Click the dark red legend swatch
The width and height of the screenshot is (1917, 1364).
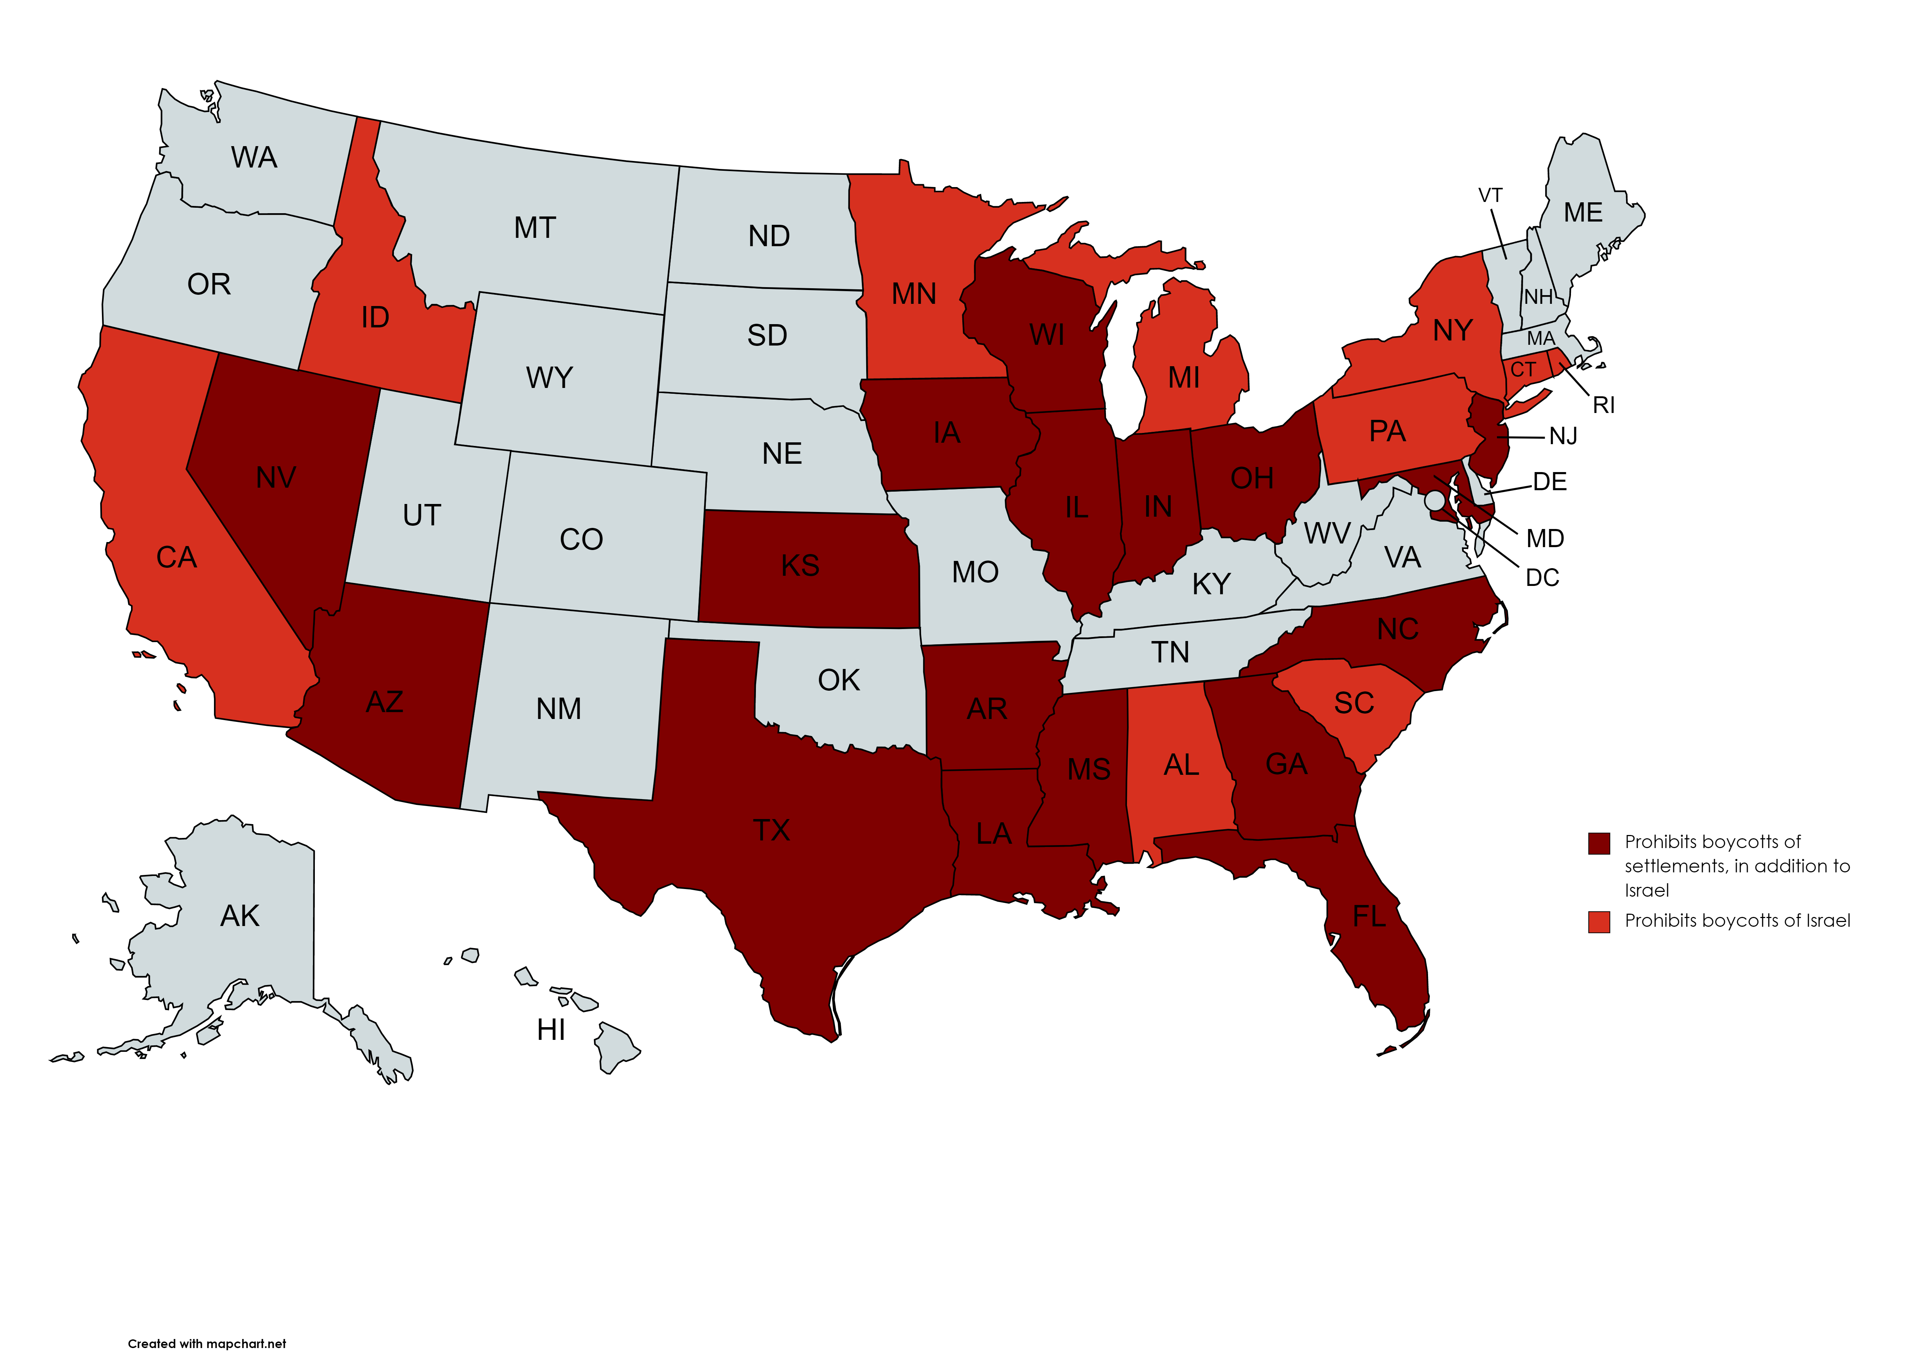tap(1599, 843)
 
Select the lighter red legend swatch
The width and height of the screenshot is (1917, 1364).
tap(1599, 921)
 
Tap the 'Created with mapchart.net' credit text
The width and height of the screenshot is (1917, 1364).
tap(207, 1343)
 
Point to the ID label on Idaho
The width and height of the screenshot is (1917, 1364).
tap(375, 318)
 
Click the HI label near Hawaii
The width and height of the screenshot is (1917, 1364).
tap(551, 1030)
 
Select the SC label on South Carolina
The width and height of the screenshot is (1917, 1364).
tap(1353, 703)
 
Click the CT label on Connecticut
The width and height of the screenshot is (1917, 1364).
tap(1523, 369)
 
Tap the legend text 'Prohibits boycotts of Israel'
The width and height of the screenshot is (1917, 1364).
tap(1737, 921)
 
